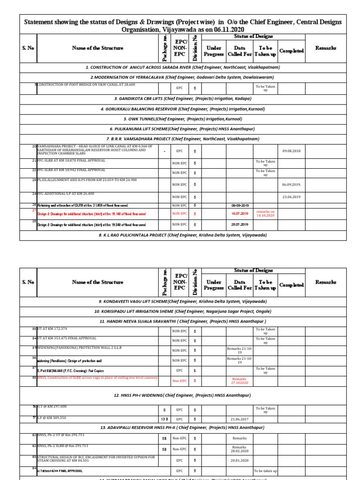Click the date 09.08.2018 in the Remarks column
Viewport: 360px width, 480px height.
tap(291, 151)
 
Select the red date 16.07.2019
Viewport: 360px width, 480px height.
tap(239, 213)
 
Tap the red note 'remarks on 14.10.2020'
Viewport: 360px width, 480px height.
tap(265, 213)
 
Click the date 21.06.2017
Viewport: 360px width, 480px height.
tap(239, 418)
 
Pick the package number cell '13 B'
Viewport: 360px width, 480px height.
tap(165, 418)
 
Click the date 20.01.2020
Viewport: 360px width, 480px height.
tap(239, 460)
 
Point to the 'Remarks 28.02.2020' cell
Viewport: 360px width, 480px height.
tap(239, 449)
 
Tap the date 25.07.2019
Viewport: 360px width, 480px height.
tap(239, 225)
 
